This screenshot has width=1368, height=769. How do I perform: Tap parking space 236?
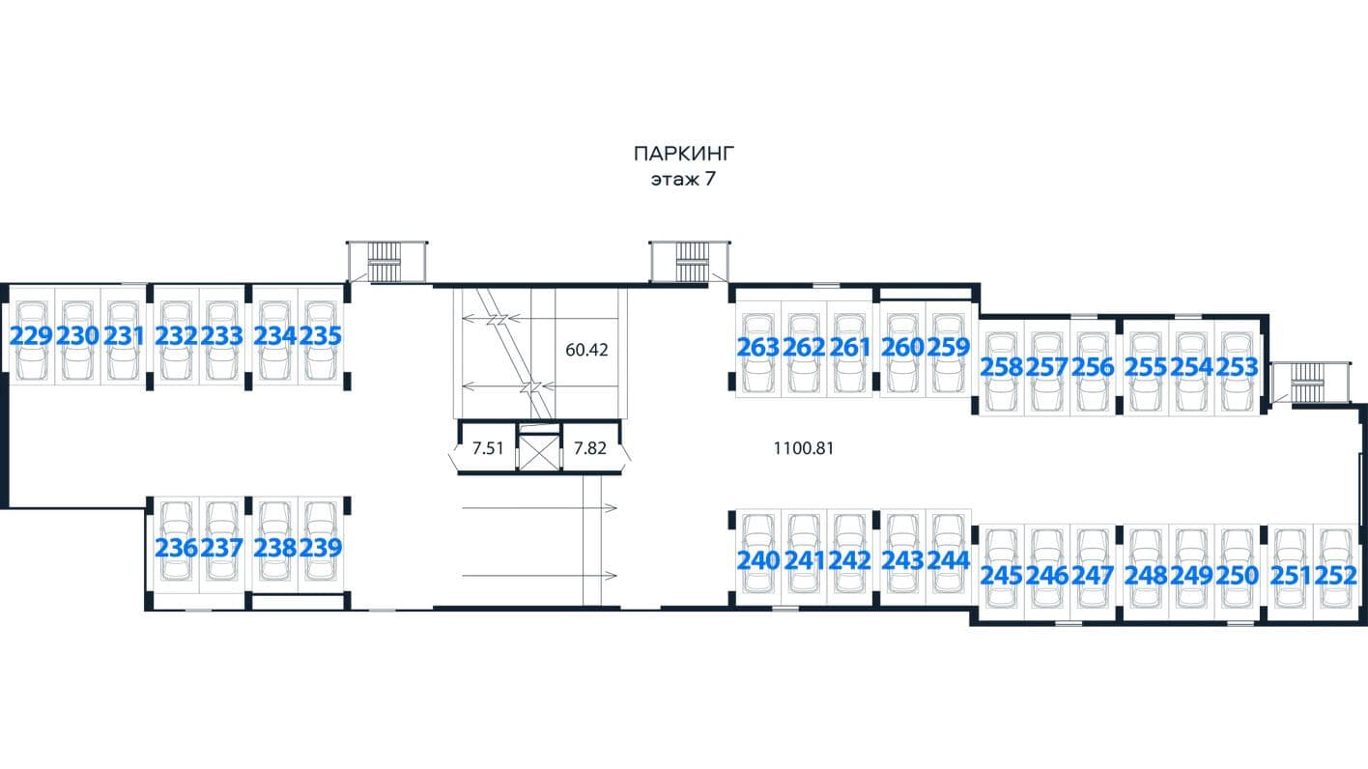pos(176,548)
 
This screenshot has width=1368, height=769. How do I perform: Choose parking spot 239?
pos(320,548)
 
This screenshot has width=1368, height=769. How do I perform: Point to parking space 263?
pos(757,348)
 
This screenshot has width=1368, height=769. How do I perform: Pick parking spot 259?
pos(949,348)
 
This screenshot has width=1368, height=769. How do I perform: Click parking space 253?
pos(1238,367)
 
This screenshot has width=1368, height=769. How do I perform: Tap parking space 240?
pos(757,560)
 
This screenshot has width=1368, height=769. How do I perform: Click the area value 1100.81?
pos(803,448)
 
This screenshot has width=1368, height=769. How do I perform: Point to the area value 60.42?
pos(586,350)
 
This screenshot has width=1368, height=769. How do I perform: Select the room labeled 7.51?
pos(488,448)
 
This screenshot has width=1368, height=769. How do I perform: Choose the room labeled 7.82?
pos(590,448)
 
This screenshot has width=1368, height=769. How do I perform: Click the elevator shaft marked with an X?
pos(539,452)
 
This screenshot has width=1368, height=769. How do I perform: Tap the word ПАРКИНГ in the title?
pos(683,154)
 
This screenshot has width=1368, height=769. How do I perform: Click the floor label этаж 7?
pos(683,180)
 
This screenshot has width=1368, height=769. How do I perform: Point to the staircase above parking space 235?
pos(385,262)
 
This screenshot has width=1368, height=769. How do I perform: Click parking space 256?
pos(1093,367)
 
